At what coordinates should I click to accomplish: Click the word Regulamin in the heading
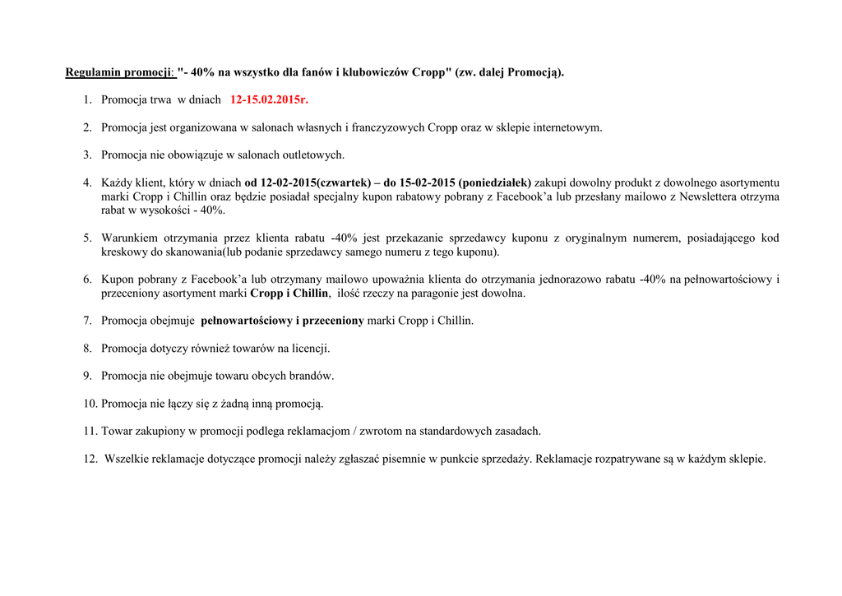pyautogui.click(x=93, y=72)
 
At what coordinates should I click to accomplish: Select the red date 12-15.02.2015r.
pyautogui.click(x=269, y=99)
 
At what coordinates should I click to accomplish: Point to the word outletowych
pyautogui.click(x=315, y=155)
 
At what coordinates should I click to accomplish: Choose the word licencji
pyautogui.click(x=310, y=349)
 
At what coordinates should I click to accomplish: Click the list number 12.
pyautogui.click(x=90, y=459)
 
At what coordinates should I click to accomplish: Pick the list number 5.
pyautogui.click(x=87, y=238)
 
